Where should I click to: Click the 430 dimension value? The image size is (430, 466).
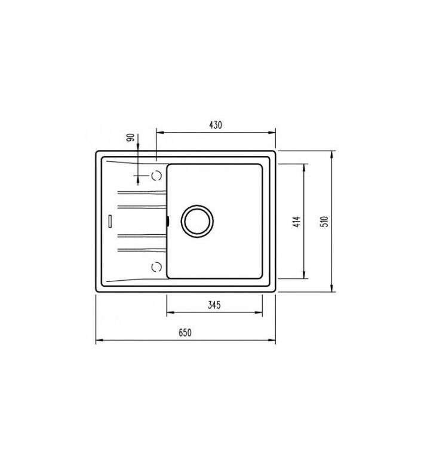pyautogui.click(x=216, y=125)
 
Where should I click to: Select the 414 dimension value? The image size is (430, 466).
pyautogui.click(x=297, y=222)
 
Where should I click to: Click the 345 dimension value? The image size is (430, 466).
pyautogui.click(x=214, y=305)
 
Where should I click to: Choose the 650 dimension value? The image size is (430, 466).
pyautogui.click(x=185, y=333)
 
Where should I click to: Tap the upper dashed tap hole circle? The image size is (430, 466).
pyautogui.click(x=156, y=176)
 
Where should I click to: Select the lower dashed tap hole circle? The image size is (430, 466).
pyautogui.click(x=156, y=266)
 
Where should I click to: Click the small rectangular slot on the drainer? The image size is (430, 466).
pyautogui.click(x=110, y=221)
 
